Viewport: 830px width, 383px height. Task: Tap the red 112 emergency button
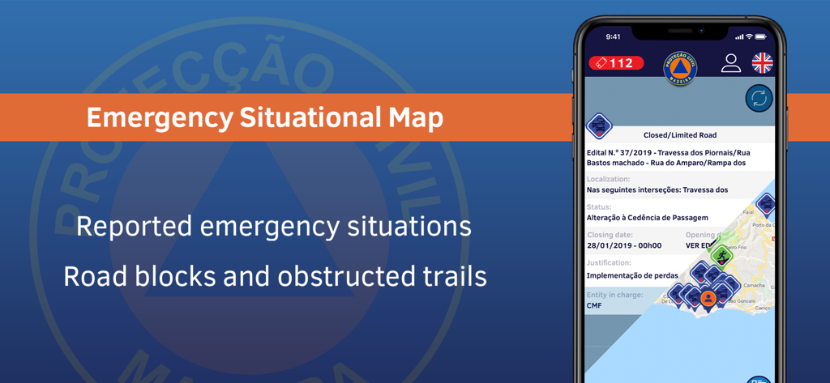(617, 62)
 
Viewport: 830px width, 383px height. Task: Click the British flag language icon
(762, 62)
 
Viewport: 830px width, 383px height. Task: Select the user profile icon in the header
(731, 63)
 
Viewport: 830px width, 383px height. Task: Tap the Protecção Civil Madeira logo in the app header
(680, 68)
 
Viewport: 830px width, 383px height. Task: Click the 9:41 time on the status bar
(613, 36)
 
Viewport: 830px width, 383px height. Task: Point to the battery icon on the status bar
(761, 36)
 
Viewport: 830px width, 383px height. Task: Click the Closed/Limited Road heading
(680, 135)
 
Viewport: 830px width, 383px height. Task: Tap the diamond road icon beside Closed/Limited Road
(599, 126)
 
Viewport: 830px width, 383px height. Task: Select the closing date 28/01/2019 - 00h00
(624, 245)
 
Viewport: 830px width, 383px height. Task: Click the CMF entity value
(595, 305)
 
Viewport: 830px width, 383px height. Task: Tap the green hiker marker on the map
(722, 255)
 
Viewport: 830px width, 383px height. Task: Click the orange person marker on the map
(708, 298)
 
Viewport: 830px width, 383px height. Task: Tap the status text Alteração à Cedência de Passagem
(647, 218)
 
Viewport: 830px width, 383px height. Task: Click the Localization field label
(608, 179)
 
